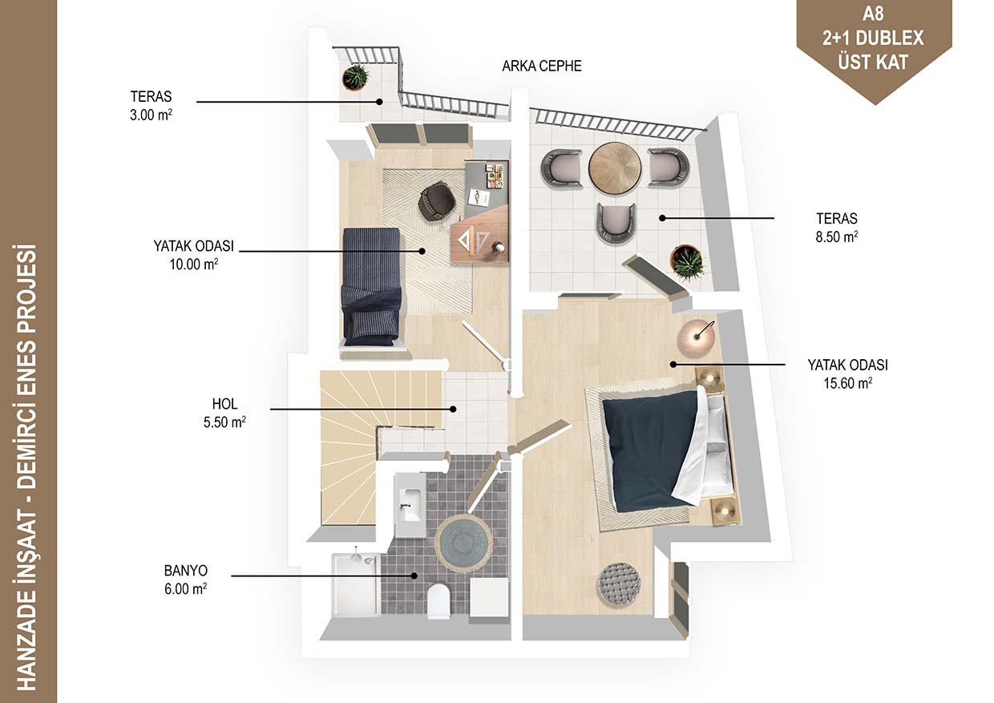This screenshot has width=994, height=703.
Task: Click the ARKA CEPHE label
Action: click(541, 66)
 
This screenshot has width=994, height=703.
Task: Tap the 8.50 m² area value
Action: click(836, 236)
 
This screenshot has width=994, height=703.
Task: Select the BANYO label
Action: click(185, 570)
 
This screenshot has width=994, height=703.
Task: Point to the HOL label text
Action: click(224, 404)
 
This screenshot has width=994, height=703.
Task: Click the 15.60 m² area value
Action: click(847, 382)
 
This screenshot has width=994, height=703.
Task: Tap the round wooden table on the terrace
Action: click(615, 168)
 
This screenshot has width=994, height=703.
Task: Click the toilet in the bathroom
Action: click(438, 600)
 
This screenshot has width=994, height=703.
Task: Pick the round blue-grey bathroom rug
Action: click(463, 543)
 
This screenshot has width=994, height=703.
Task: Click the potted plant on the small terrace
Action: click(355, 77)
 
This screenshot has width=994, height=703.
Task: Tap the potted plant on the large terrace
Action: click(687, 262)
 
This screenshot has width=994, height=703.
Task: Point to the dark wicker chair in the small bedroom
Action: click(437, 202)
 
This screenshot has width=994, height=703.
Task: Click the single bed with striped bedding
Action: click(372, 287)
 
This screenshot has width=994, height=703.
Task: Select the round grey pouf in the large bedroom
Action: click(619, 584)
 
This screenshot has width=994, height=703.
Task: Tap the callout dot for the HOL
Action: click(453, 409)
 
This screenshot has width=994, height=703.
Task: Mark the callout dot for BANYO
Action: click(414, 576)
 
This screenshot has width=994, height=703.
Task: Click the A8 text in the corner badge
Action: click(873, 14)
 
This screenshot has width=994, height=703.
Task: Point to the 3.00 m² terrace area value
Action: click(151, 115)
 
